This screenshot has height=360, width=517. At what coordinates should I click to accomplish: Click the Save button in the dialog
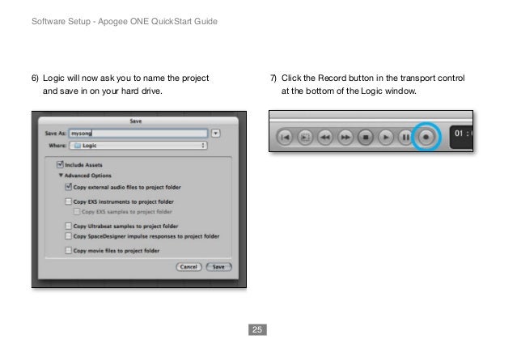218,266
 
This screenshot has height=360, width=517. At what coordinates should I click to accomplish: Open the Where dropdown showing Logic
138,146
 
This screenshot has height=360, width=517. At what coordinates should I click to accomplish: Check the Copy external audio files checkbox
68,186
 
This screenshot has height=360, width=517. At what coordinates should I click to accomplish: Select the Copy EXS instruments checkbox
68,201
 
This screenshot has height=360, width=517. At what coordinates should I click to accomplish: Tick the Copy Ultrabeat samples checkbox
68,226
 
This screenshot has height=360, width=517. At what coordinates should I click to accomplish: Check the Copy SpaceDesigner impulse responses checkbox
68,236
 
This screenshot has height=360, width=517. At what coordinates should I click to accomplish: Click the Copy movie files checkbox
68,252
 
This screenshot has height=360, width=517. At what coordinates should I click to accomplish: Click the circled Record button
427,138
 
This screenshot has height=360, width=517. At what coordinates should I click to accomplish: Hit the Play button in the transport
387,138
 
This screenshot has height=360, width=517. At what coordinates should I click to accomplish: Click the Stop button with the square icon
366,138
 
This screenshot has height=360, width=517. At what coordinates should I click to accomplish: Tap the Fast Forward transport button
345,138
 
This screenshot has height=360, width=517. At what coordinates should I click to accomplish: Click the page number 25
257,330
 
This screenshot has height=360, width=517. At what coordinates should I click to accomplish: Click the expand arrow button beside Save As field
216,133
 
